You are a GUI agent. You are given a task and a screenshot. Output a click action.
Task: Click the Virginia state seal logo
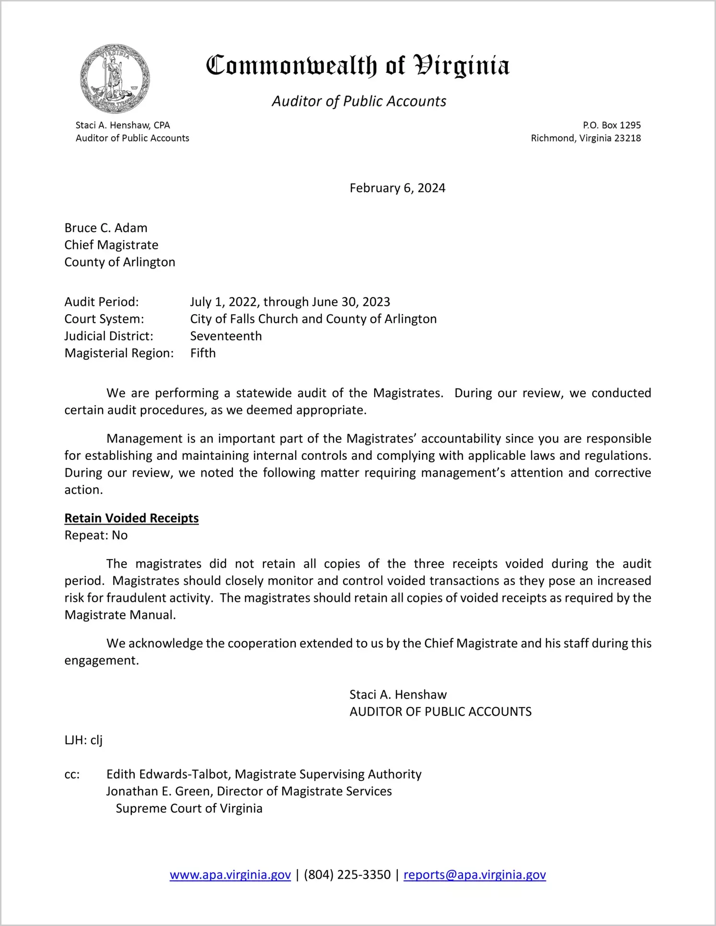click(x=115, y=79)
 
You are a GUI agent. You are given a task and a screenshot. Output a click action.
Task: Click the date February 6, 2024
click(x=397, y=188)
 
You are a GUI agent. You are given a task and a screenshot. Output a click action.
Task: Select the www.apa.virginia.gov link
click(x=230, y=875)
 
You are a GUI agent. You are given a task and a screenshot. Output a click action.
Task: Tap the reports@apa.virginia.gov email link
click(x=474, y=875)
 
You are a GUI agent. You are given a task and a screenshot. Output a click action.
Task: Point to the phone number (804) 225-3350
click(x=347, y=875)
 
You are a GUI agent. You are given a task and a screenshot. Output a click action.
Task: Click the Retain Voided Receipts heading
click(x=131, y=518)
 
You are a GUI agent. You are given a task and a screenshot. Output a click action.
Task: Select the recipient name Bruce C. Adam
click(x=106, y=228)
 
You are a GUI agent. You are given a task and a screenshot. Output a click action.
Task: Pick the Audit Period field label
click(x=102, y=302)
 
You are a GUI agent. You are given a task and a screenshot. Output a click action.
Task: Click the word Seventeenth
click(x=226, y=336)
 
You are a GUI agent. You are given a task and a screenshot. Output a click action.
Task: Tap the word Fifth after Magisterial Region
click(x=203, y=353)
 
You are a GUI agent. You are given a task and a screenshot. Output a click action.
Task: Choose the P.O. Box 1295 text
click(x=612, y=125)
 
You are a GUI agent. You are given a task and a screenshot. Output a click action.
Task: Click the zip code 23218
click(x=627, y=138)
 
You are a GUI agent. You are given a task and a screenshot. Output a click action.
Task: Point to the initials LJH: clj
click(x=83, y=740)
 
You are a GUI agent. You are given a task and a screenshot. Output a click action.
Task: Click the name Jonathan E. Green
click(x=160, y=792)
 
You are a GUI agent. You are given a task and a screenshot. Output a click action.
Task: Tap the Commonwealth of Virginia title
click(x=358, y=66)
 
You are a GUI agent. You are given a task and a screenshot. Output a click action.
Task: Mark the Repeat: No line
click(x=96, y=536)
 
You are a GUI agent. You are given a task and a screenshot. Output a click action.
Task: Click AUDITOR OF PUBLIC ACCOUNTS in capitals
click(x=440, y=712)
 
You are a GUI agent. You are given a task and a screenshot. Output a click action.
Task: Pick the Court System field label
click(x=104, y=319)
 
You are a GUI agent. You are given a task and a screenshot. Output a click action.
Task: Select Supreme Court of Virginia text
click(x=189, y=809)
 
